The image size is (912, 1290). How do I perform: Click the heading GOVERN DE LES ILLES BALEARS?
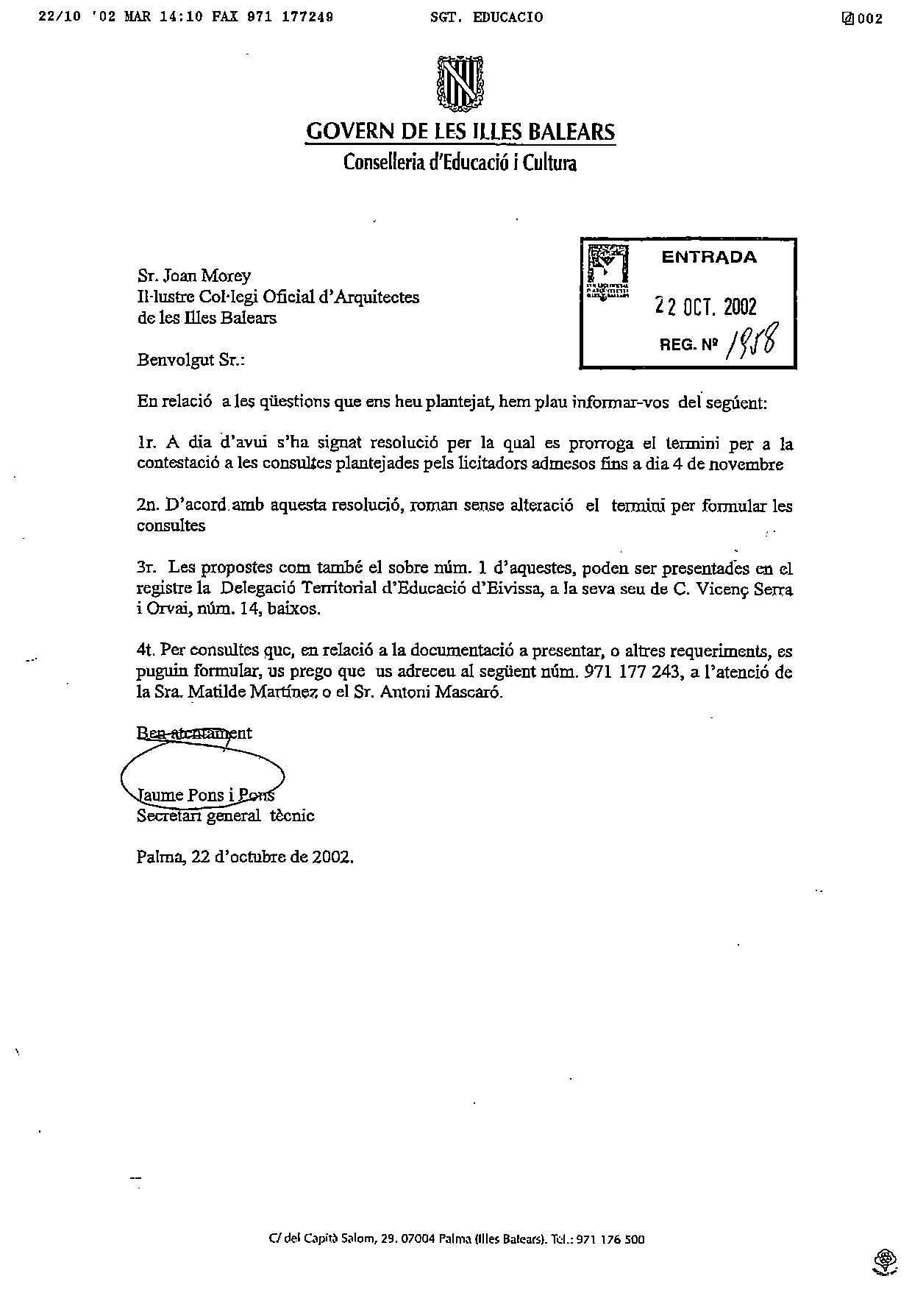(460, 132)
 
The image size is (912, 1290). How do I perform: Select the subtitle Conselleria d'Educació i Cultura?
(460, 163)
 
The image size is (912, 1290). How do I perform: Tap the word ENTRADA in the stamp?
(708, 258)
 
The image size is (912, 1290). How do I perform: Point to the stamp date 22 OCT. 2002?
(705, 307)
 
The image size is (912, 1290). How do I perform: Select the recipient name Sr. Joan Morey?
(194, 276)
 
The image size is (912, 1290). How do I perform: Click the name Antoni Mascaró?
(441, 692)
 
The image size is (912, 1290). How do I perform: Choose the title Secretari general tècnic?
(226, 815)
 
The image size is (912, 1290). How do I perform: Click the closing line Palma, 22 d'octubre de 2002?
(245, 857)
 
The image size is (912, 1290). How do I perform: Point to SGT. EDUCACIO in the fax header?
(487, 18)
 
